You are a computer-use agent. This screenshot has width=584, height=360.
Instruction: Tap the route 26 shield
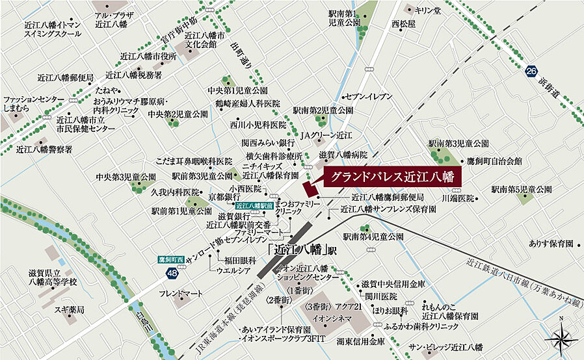point(531,71)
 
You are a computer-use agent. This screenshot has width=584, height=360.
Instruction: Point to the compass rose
point(561,337)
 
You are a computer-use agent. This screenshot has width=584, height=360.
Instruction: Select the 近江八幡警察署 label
point(44,149)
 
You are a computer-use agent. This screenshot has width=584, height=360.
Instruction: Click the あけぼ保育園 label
point(550,243)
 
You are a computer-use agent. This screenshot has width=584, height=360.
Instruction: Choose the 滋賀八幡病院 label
point(343,155)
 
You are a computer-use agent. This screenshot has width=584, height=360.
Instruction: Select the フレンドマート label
point(181,294)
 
